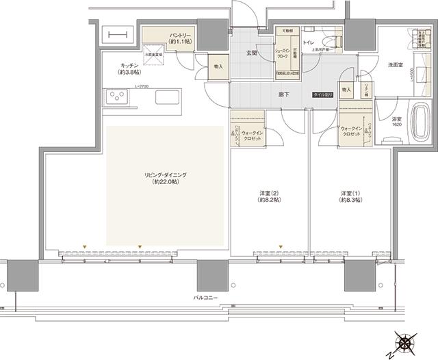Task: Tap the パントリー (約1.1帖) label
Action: tap(158, 36)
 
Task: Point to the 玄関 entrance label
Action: tap(251, 53)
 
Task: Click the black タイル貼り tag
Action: tap(323, 94)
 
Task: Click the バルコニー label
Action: tap(206, 298)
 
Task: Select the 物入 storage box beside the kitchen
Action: tap(218, 67)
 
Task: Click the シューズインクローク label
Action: tap(283, 53)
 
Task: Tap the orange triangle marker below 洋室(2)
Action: tap(280, 246)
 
